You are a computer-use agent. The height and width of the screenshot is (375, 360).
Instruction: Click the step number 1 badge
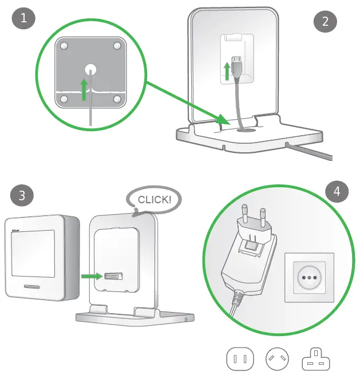[23, 18]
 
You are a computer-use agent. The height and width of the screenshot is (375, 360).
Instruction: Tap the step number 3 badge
[22, 196]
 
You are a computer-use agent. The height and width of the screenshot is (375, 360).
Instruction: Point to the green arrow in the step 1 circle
[84, 89]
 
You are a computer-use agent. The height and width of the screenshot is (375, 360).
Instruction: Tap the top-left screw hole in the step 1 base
[65, 45]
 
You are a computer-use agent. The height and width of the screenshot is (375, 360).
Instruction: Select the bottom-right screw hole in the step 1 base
[117, 99]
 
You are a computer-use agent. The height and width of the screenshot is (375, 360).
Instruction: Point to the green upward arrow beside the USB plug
[228, 72]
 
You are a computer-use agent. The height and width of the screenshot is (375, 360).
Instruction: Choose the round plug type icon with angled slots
[277, 360]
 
